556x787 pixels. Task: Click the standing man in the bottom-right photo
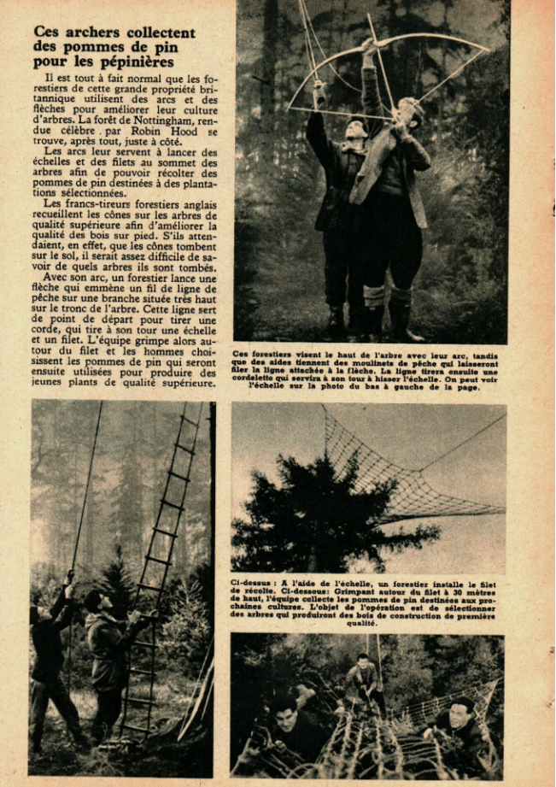[366, 679]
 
